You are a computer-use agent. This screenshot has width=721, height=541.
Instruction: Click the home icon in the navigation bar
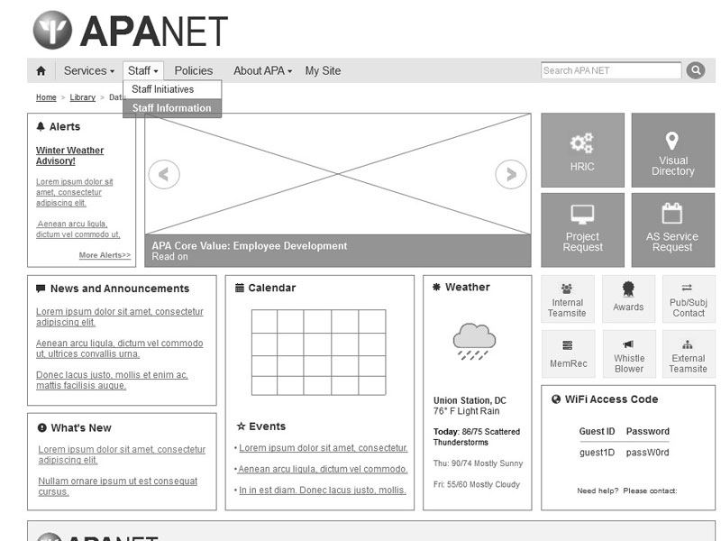[x=41, y=70]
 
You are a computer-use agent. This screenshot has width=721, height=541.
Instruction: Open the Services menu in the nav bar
[x=88, y=70]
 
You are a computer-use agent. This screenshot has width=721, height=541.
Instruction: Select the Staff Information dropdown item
[x=171, y=108]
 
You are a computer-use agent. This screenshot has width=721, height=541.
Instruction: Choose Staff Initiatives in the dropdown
[x=162, y=89]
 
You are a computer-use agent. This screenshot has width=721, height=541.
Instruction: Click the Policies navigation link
[x=194, y=70]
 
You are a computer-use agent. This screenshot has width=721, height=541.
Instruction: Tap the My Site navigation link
[x=323, y=70]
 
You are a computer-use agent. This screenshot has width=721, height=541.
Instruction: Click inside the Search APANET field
[x=611, y=70]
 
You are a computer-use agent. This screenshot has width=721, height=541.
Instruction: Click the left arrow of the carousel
[x=164, y=174]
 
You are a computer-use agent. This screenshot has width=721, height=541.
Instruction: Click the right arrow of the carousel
[x=511, y=174]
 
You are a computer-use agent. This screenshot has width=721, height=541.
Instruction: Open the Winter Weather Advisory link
[x=69, y=156]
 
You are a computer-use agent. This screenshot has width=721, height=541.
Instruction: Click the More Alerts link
[x=105, y=255]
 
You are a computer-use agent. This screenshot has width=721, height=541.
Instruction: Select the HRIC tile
[x=582, y=151]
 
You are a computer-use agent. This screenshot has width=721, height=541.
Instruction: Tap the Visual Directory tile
[x=672, y=151]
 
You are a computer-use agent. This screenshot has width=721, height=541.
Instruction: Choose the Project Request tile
[x=582, y=230]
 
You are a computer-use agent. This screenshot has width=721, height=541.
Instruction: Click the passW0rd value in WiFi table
[x=647, y=453]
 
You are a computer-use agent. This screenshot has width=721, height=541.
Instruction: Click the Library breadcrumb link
[x=82, y=97]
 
